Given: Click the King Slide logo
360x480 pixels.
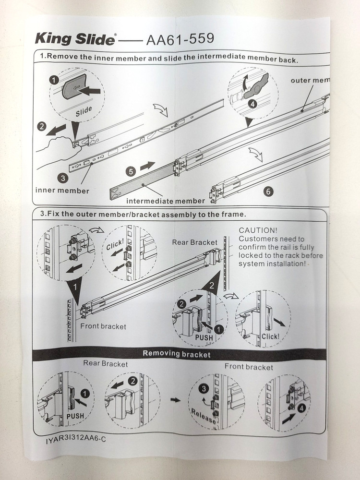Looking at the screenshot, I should click(75, 39).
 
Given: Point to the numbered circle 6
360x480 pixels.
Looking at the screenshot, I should click(268, 191).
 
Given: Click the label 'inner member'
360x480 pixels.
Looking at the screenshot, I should click(62, 191).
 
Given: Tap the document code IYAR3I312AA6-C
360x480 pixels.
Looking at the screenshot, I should click(74, 439).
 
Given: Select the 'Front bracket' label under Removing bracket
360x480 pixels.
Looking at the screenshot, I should click(248, 367).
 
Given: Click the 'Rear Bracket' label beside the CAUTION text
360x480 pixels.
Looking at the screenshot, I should click(194, 242).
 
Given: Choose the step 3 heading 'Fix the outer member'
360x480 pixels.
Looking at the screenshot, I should click(139, 214).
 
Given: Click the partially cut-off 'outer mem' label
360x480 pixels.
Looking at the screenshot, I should click(310, 81).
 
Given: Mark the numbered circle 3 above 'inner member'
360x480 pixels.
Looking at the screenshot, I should click(62, 178).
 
